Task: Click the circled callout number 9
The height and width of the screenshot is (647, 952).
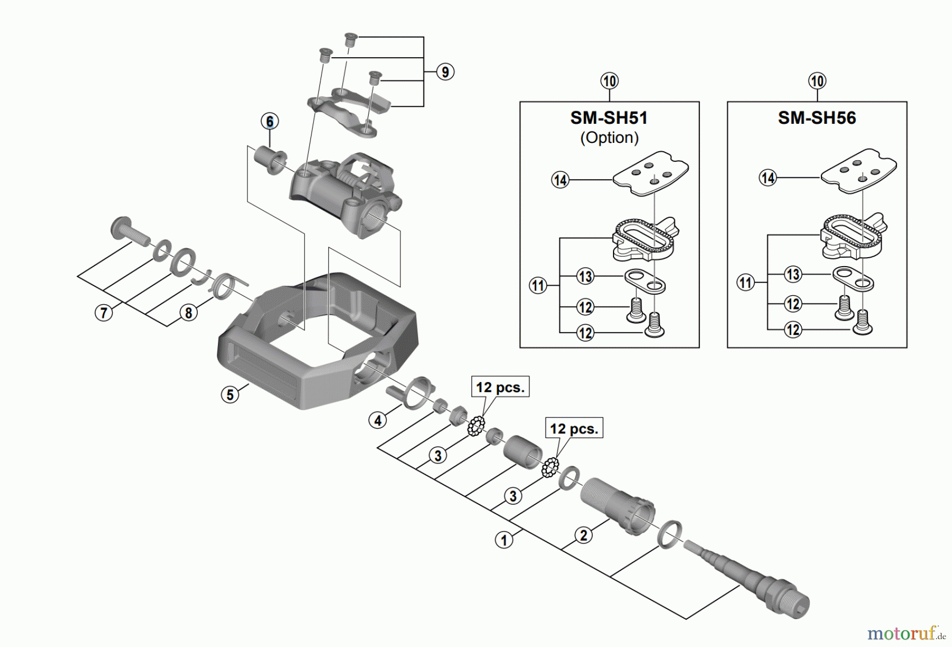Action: (x=445, y=72)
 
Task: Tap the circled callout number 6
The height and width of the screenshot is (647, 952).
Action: (x=270, y=121)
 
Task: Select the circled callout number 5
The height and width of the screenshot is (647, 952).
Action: (x=230, y=395)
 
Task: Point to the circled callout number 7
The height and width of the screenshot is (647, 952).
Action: (x=104, y=313)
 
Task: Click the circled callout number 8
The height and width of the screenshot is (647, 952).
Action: (x=188, y=313)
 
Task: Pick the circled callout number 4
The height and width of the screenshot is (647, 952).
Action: (x=378, y=421)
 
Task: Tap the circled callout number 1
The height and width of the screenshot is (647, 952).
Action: (x=504, y=540)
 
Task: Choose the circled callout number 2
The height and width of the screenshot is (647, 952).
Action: (x=583, y=535)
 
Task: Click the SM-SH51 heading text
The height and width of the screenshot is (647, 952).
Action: (x=609, y=117)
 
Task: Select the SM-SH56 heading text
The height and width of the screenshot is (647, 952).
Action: (x=817, y=117)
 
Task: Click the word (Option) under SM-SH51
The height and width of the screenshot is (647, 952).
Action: (x=609, y=138)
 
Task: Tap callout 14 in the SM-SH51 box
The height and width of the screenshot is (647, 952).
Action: (x=560, y=180)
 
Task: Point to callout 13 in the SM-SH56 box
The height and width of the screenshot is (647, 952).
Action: (x=793, y=274)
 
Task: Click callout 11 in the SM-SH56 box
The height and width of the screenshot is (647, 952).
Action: (x=746, y=283)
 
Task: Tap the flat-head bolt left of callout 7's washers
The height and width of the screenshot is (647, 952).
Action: (x=129, y=231)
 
